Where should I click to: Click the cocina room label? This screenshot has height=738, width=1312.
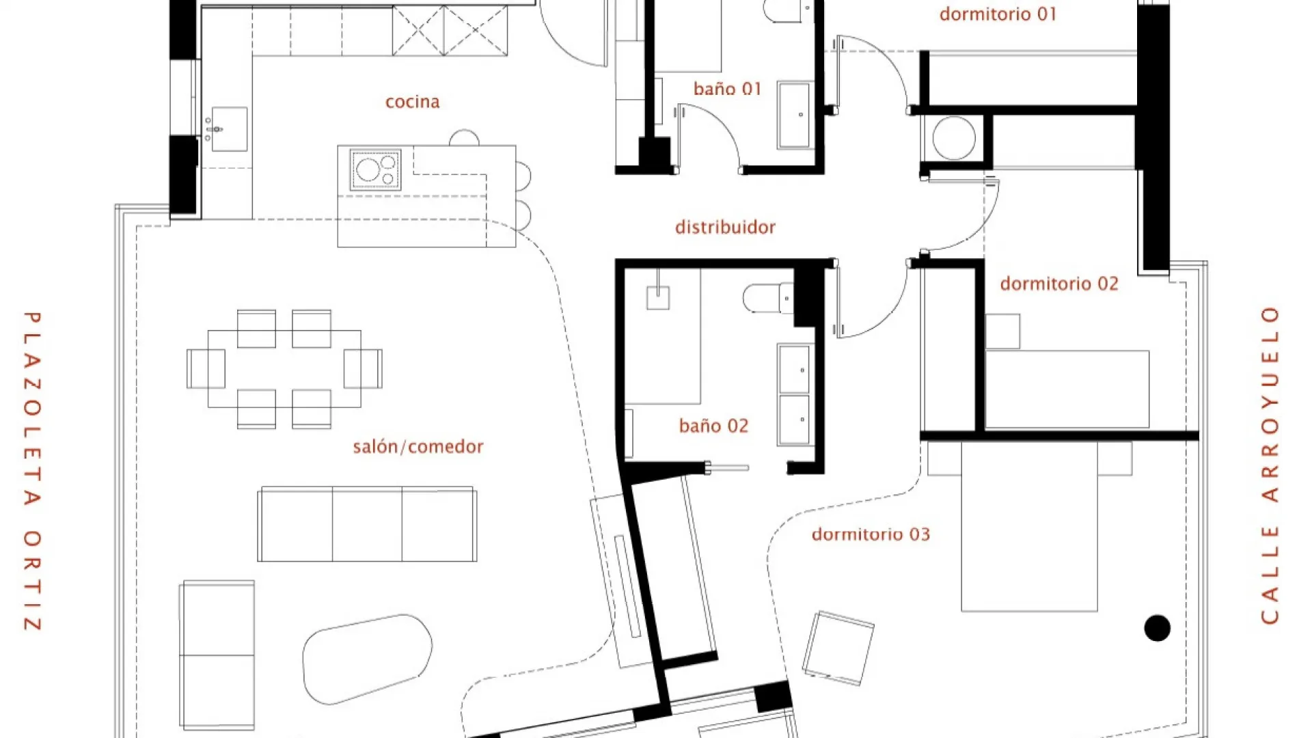tap(412, 102)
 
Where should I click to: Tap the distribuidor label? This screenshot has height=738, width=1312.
tap(725, 227)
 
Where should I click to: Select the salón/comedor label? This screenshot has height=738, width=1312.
tap(418, 447)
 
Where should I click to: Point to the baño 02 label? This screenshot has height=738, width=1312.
tap(713, 426)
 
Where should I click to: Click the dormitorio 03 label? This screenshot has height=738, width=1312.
tap(871, 534)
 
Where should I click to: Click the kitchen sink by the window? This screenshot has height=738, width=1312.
tap(229, 128)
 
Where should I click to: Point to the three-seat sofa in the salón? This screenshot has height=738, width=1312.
tap(367, 524)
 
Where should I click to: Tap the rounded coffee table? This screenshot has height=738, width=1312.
tap(367, 658)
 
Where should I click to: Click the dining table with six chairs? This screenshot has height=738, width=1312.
tap(284, 369)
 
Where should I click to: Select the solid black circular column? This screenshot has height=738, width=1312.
tap(1157, 627)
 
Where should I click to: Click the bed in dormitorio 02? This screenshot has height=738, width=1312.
tap(1067, 389)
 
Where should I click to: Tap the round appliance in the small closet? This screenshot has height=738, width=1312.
tap(954, 138)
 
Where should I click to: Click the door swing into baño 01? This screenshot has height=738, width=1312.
tap(708, 137)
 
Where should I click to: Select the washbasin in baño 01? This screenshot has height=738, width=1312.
tap(794, 115)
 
